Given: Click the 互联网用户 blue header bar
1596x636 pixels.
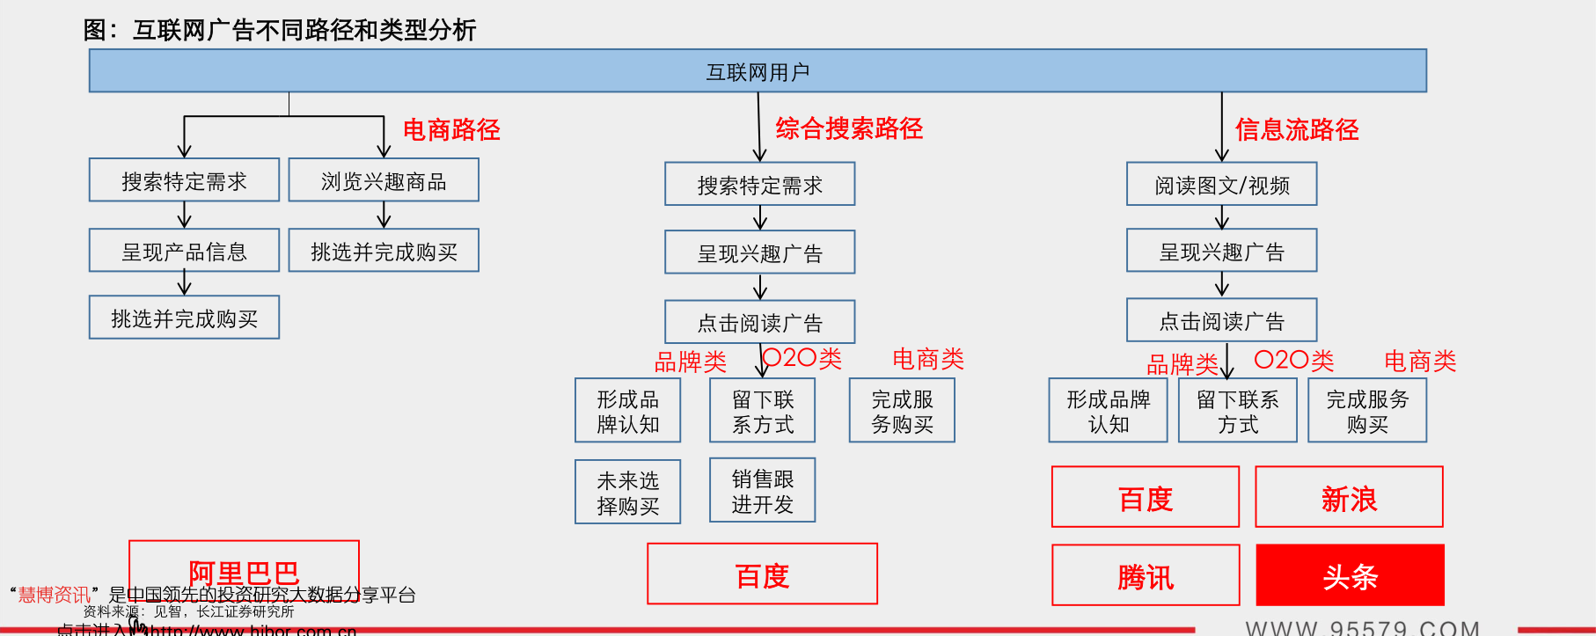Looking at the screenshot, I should pyautogui.click(x=758, y=71).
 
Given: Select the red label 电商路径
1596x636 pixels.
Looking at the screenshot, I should pyautogui.click(x=451, y=130).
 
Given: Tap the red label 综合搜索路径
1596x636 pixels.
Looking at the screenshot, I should pyautogui.click(x=849, y=129).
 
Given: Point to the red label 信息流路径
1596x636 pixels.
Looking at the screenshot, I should pyautogui.click(x=1297, y=130).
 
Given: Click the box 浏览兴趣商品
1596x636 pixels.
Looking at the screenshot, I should pyautogui.click(x=384, y=181).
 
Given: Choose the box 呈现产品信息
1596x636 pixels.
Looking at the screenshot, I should pyautogui.click(x=184, y=252).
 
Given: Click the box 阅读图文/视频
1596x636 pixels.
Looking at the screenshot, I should pyautogui.click(x=1221, y=185).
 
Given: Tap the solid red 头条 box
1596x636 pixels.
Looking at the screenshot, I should pyautogui.click(x=1350, y=576).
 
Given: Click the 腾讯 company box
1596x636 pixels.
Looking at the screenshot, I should pyautogui.click(x=1146, y=576).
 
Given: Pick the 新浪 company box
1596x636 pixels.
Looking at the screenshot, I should pyautogui.click(x=1349, y=498).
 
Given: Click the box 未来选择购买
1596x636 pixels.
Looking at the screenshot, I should pyautogui.click(x=627, y=493).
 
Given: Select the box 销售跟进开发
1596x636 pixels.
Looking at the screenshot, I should pyautogui.click(x=762, y=491).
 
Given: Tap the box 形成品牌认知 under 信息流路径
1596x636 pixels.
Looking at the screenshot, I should pyautogui.click(x=1108, y=411).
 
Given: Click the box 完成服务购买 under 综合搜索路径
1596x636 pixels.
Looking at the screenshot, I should pyautogui.click(x=902, y=411).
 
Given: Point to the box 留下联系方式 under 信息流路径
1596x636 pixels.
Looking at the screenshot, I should pyautogui.click(x=1237, y=411).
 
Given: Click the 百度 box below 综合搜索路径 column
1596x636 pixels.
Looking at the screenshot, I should pyautogui.click(x=762, y=575).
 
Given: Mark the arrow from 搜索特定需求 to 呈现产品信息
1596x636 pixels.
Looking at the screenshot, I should pyautogui.click(x=184, y=215).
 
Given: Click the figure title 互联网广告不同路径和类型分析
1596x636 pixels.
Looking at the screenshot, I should pyautogui.click(x=304, y=31).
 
